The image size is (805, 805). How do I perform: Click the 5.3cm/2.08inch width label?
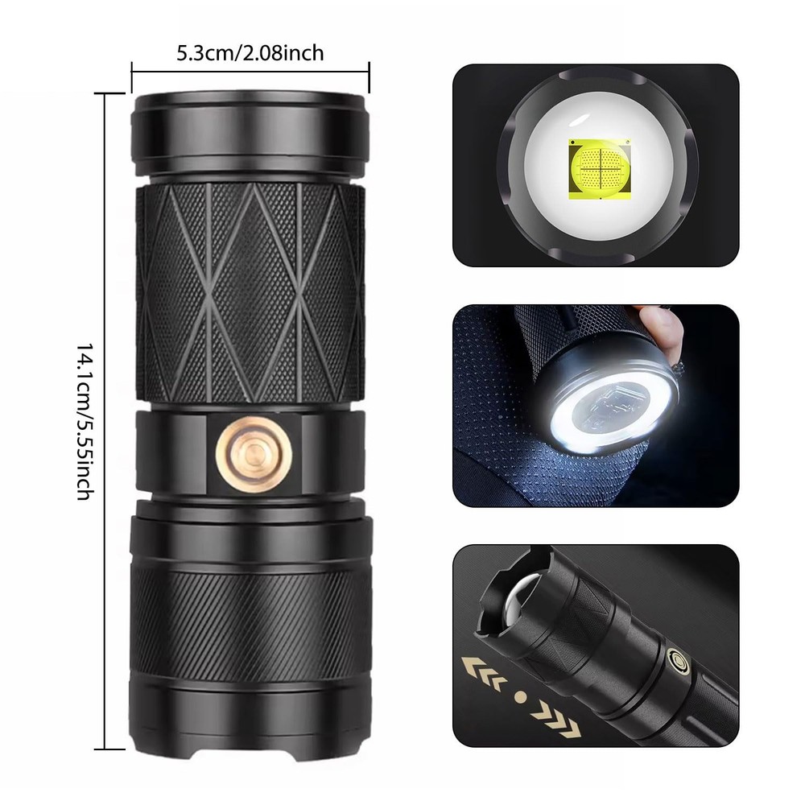(250, 53)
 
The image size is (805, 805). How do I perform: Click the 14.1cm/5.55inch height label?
(85, 421)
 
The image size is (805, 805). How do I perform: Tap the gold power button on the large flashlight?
(254, 455)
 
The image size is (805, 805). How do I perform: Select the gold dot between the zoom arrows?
(521, 696)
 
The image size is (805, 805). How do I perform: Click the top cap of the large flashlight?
(250, 134)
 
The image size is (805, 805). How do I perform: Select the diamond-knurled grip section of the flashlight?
(250, 293)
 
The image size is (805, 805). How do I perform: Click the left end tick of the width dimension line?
(132, 71)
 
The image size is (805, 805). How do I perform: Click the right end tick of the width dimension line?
(369, 71)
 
